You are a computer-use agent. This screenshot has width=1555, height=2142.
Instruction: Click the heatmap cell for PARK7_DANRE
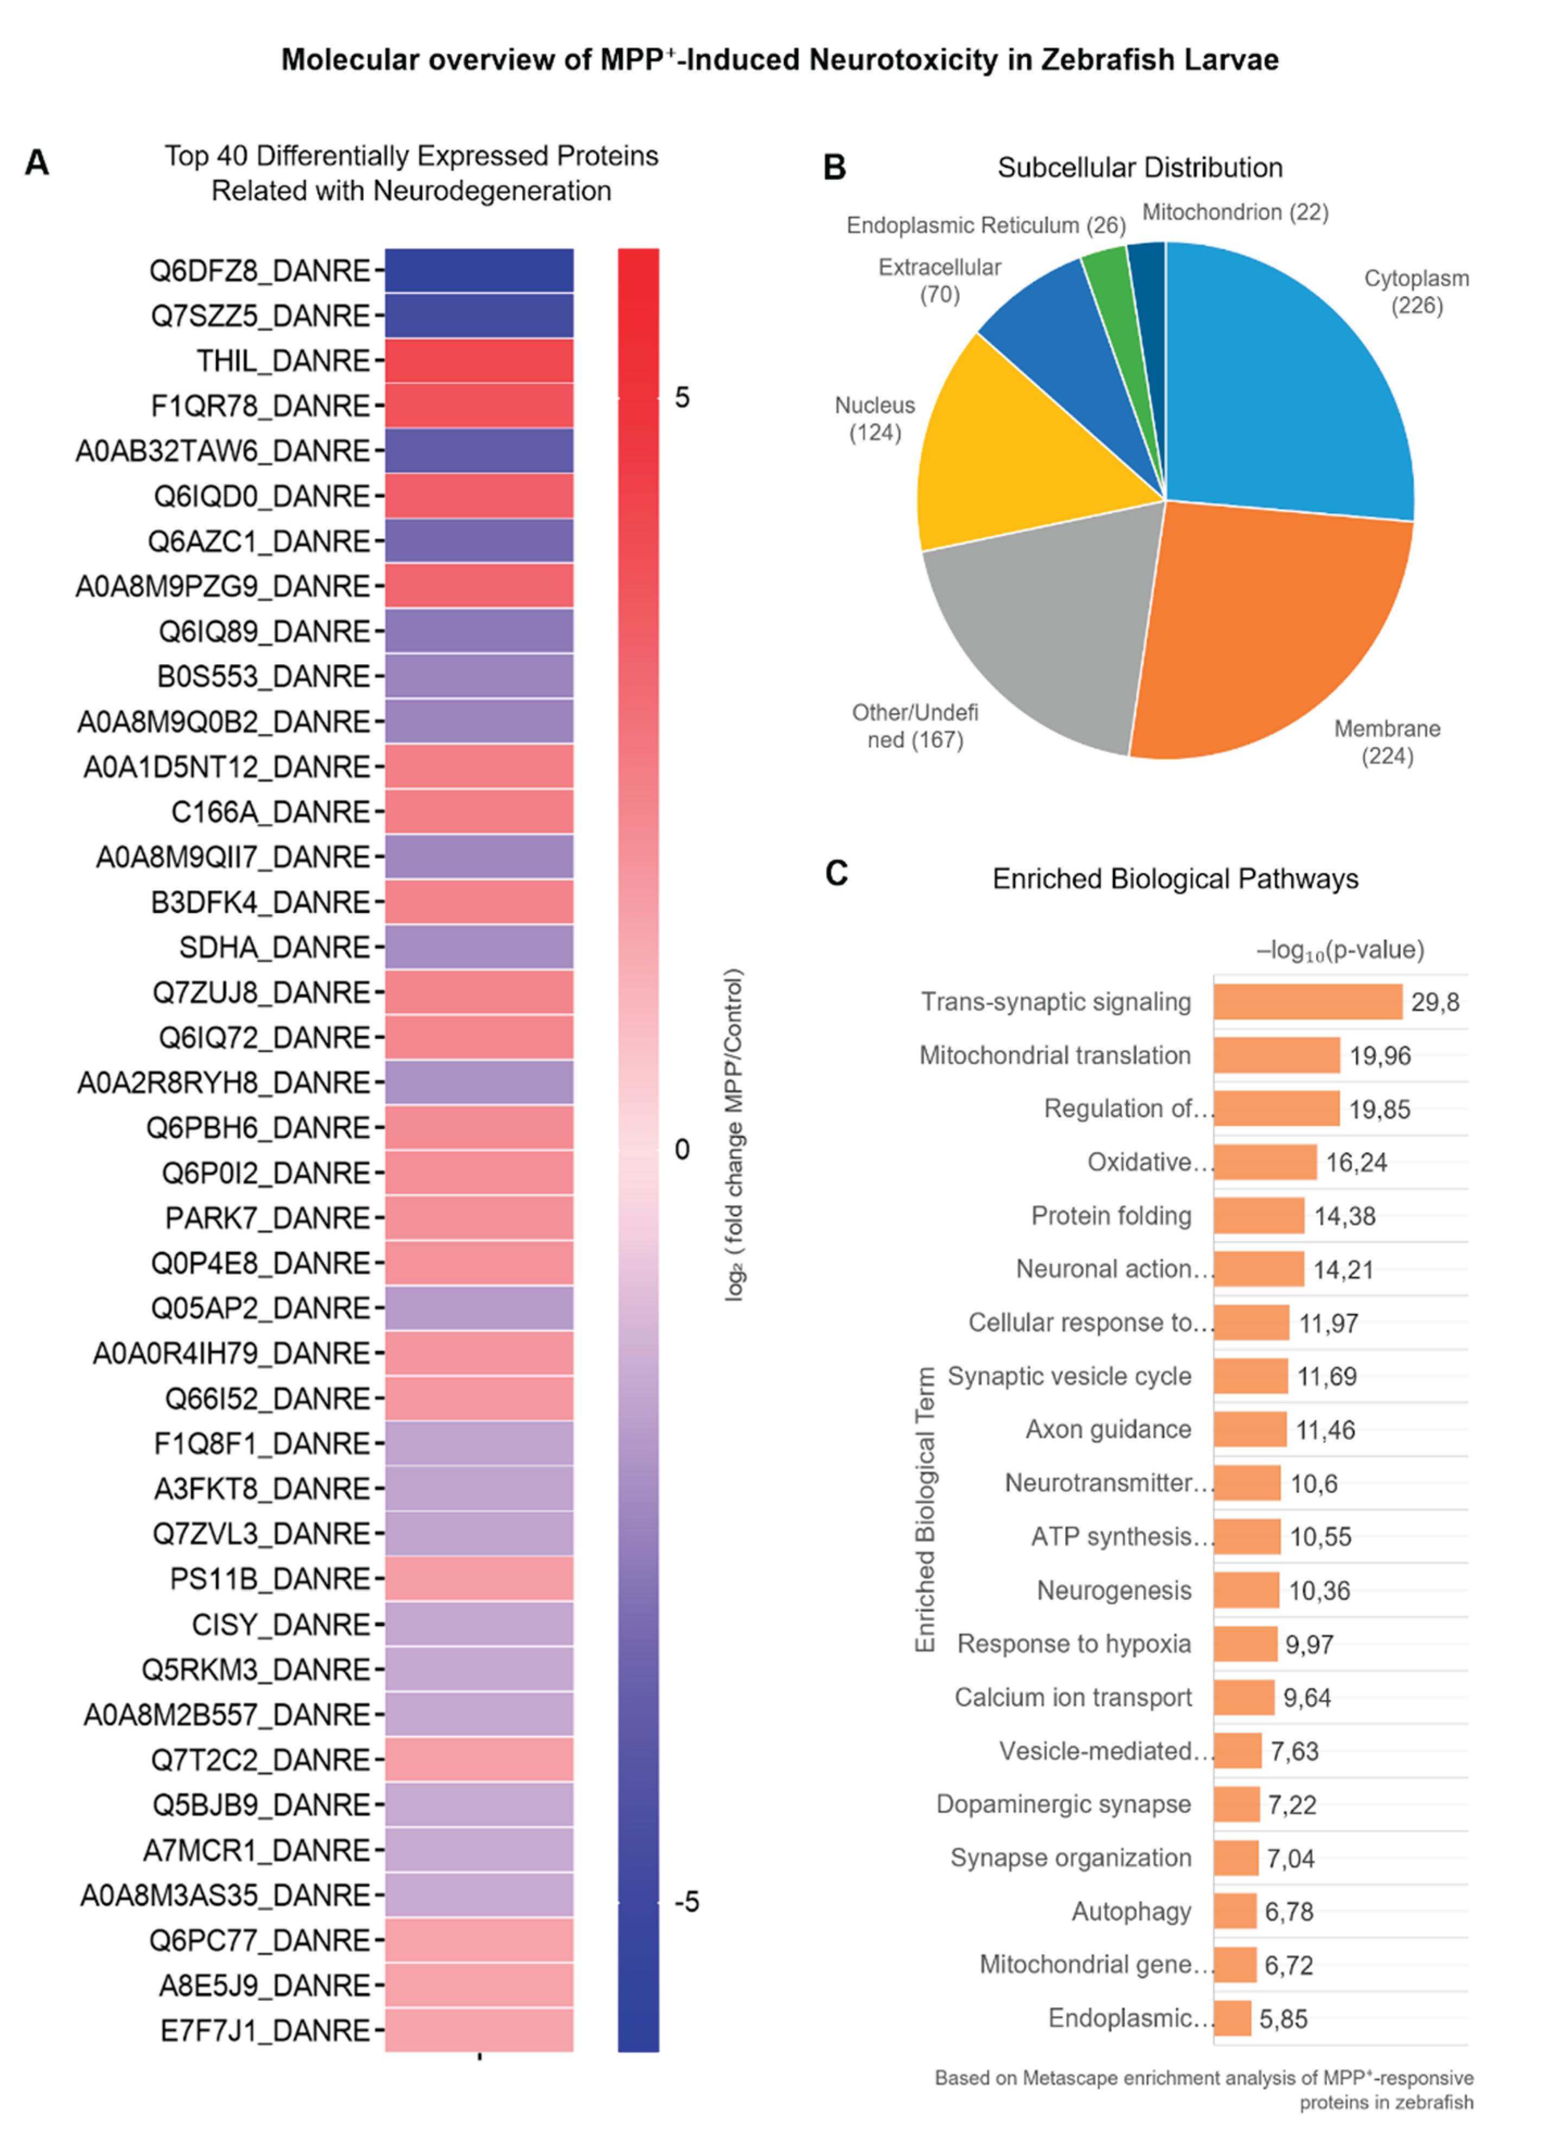479,1218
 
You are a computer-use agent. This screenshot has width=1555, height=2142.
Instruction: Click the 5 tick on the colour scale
681,398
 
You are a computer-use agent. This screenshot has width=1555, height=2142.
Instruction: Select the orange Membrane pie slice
1265,633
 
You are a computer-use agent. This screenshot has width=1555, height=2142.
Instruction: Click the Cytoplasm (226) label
1416,292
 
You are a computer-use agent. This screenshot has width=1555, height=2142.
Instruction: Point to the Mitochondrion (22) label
1235,212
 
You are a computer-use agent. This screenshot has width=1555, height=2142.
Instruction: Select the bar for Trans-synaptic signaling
1307,1001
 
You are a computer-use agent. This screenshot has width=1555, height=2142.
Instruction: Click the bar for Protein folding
1259,1215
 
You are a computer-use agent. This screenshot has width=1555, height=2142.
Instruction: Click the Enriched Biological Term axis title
925,1508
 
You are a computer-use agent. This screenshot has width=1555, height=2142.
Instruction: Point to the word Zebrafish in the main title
1101,60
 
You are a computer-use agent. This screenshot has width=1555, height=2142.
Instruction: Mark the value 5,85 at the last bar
1283,2018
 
